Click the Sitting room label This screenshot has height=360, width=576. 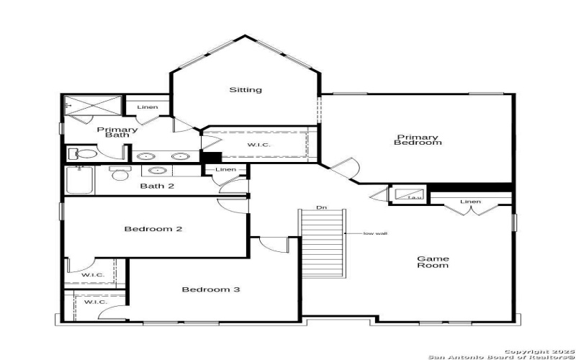246,90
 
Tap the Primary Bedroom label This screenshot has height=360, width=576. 417,140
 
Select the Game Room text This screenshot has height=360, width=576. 433,262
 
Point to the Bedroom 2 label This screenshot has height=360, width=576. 153,230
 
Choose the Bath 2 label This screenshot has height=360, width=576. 157,186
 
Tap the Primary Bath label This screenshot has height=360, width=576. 117,132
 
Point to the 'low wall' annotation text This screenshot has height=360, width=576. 376,233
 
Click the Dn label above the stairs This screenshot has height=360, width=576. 322,208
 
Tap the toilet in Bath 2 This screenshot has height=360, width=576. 119,173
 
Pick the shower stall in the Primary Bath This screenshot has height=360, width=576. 91,105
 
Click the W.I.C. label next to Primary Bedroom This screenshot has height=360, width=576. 258,145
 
